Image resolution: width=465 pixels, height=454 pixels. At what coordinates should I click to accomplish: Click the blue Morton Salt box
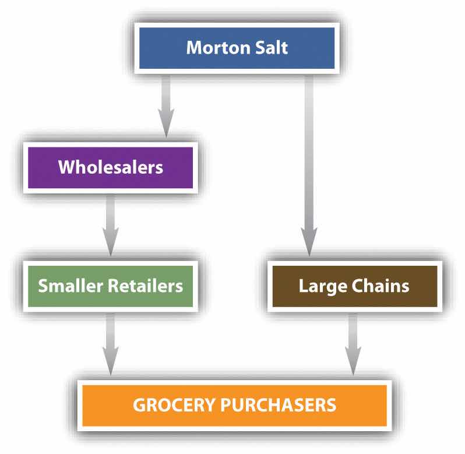pos(237,48)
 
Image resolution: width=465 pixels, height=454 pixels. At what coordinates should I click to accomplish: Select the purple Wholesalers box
pos(110,167)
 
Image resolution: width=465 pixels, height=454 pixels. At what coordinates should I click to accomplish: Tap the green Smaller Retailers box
pos(110,286)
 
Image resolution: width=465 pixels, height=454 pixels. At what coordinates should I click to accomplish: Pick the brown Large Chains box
pos(355,286)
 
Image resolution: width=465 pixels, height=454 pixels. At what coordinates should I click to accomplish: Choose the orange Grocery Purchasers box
pos(235,406)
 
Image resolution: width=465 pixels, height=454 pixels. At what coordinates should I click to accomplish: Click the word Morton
pos(219,47)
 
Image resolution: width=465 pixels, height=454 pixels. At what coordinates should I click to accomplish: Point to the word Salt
pos(272,47)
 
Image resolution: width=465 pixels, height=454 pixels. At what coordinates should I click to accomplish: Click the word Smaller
pos(71,286)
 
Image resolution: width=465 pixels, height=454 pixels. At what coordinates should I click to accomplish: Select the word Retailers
pos(145,286)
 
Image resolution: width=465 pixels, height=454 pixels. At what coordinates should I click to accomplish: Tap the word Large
pos(323,287)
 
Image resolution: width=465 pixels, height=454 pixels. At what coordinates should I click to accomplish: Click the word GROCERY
pos(174,405)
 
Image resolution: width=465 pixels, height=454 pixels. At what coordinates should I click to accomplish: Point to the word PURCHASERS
pos(278,405)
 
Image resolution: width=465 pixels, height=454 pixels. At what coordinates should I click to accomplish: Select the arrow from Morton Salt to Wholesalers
pos(166,106)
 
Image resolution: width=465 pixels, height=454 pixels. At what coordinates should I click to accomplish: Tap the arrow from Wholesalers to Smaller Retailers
pos(110,225)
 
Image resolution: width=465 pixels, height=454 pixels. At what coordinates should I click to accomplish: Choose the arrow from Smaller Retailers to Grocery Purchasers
pos(110,344)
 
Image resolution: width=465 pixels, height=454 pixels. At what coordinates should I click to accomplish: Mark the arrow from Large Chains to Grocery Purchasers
pos(353,344)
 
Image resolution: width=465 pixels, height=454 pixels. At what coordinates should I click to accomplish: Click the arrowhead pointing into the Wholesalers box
pos(166,123)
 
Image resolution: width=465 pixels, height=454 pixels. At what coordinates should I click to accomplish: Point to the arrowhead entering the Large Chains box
pos(309,242)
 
